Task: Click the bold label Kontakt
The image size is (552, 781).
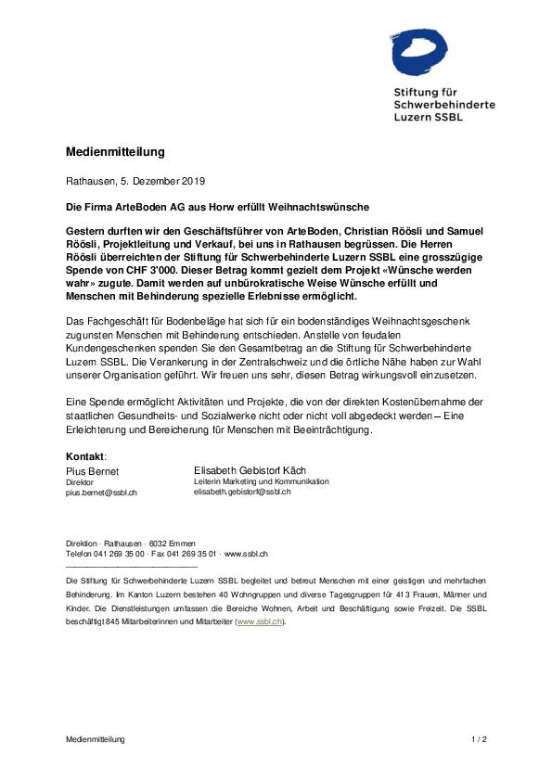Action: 85,457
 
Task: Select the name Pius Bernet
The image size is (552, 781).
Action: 93,471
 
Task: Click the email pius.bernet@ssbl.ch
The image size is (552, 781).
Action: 102,493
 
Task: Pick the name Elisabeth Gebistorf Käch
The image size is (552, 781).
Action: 250,470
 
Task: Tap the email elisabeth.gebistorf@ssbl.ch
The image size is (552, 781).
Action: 242,492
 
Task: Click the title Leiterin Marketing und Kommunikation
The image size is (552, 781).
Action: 261,481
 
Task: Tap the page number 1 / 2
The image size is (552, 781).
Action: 479,739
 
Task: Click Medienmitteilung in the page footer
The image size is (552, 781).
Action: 95,739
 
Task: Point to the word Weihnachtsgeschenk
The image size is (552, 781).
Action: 435,320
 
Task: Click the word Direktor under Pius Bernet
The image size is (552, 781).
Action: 80,482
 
